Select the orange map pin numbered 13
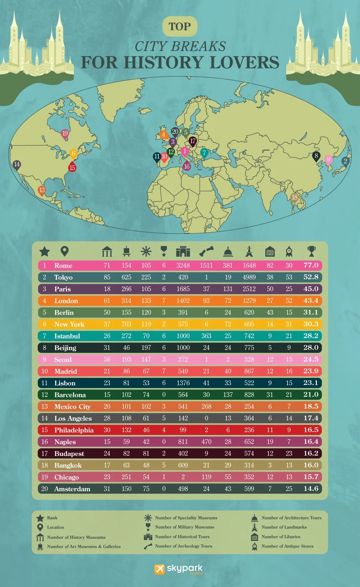(x=42, y=191)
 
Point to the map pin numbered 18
(x=294, y=198)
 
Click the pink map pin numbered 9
(x=328, y=160)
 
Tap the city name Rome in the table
(x=63, y=266)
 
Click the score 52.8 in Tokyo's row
(x=311, y=277)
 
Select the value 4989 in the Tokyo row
(x=249, y=277)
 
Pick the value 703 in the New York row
(x=126, y=324)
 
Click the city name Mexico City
(x=72, y=407)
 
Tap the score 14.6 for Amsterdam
(x=311, y=489)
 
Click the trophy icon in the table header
(x=311, y=251)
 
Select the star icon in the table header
(x=45, y=251)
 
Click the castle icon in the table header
(x=183, y=251)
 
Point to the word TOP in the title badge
(x=180, y=27)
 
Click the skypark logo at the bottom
(x=179, y=569)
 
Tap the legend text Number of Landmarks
(x=284, y=527)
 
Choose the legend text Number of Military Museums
(x=184, y=527)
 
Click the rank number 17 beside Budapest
(x=45, y=453)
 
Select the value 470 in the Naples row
(x=206, y=442)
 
